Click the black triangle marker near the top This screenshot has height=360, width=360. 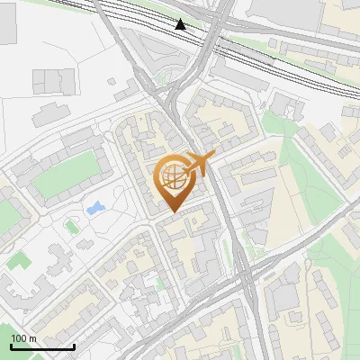coord(181,24)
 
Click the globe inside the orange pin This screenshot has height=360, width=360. coord(173,176)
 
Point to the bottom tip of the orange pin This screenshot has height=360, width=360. coord(173,211)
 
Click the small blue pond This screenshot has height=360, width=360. coord(94,209)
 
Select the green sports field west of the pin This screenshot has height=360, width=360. coord(65,176)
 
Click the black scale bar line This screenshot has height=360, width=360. coord(42,346)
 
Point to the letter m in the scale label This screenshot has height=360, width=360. coord(32,338)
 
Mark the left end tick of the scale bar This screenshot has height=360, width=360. coord(11,345)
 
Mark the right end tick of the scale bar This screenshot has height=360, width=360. coord(74,345)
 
